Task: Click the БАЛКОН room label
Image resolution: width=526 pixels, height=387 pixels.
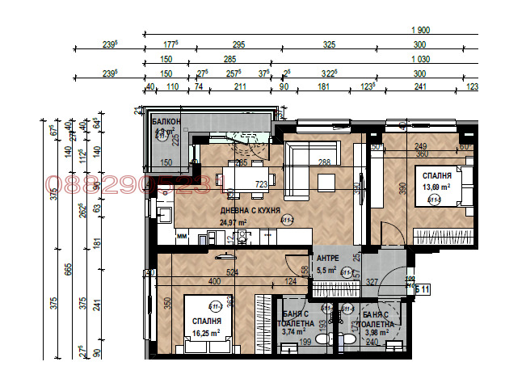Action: (x=165, y=121)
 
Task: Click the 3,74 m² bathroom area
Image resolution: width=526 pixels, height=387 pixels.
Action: (x=293, y=330)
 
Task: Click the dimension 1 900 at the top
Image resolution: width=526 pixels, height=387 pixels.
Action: (x=419, y=30)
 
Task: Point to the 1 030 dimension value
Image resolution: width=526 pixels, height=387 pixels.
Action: (x=419, y=59)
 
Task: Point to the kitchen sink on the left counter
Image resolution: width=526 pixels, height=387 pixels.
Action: (x=163, y=215)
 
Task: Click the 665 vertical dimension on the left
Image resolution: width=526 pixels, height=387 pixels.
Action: (x=69, y=267)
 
